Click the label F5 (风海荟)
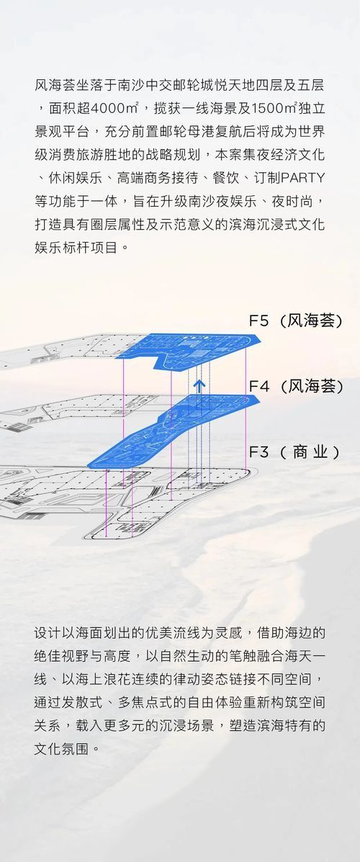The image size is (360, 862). tap(296, 321)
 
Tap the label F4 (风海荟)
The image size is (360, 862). tap(296, 387)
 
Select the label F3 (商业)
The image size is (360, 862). tap(294, 452)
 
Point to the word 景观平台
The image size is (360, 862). tap(62, 131)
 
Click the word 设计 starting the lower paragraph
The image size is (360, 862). tap(48, 633)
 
